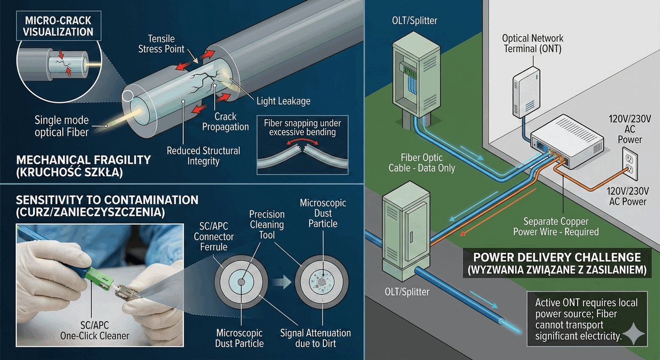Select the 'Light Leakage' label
(283, 101)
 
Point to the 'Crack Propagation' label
(226, 121)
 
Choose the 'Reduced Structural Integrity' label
(204, 156)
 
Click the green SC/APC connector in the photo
(102, 280)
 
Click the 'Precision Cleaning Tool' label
(266, 224)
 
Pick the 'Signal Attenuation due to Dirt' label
(315, 338)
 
